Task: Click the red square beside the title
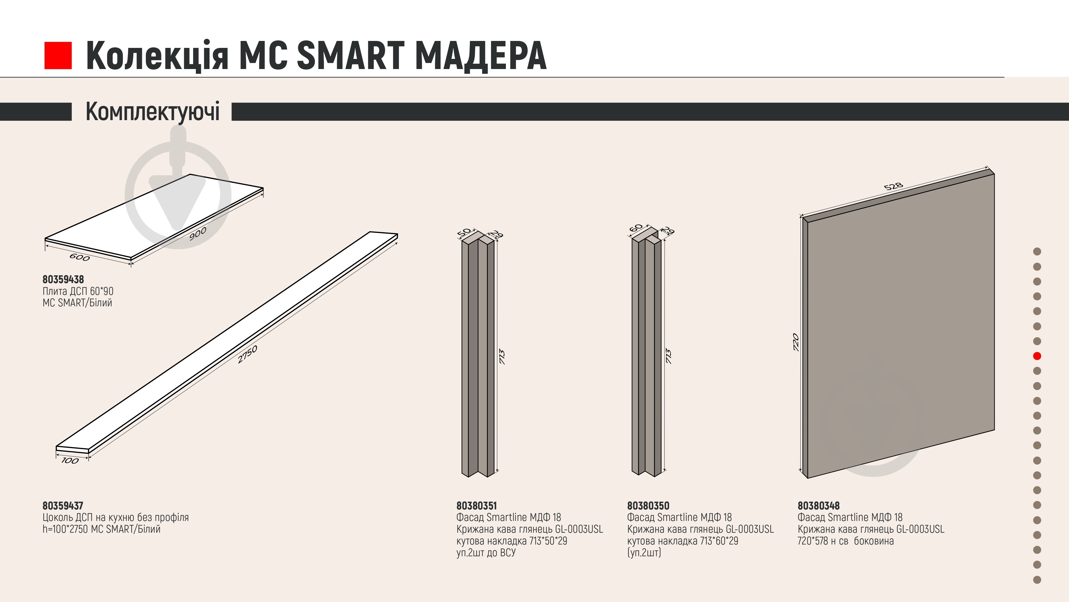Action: click(58, 55)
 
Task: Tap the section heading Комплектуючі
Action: click(152, 111)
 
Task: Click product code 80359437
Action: click(63, 506)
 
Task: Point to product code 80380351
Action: click(477, 506)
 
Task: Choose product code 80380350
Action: click(648, 506)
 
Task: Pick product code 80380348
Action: click(818, 506)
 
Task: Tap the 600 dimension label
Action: click(80, 258)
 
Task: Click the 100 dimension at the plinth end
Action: click(70, 460)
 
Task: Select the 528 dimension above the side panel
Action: click(893, 186)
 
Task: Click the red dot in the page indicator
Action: click(1037, 356)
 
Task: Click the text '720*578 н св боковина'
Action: click(846, 541)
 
